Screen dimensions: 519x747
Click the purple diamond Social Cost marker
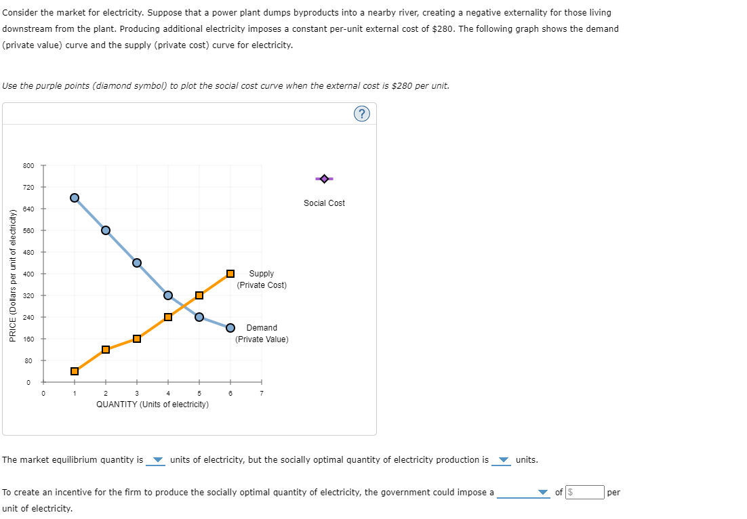click(x=324, y=179)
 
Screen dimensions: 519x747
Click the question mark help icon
click(x=362, y=114)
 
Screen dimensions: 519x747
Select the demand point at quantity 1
click(x=75, y=197)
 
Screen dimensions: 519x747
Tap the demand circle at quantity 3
click(x=137, y=263)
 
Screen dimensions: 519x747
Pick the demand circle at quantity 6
click(x=230, y=327)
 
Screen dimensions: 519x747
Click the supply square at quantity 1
click(x=75, y=371)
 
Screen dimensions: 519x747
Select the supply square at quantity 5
click(x=199, y=295)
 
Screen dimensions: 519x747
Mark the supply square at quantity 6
click(x=230, y=274)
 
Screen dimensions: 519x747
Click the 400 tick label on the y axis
click(x=28, y=274)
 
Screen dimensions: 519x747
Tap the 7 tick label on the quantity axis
click(x=262, y=393)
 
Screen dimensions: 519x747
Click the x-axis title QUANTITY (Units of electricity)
click(x=153, y=404)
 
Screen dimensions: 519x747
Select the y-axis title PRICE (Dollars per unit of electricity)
click(x=13, y=275)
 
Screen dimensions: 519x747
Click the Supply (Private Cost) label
click(x=262, y=279)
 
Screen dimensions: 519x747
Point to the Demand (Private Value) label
click(x=262, y=333)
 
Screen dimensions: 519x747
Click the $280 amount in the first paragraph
click(x=443, y=28)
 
